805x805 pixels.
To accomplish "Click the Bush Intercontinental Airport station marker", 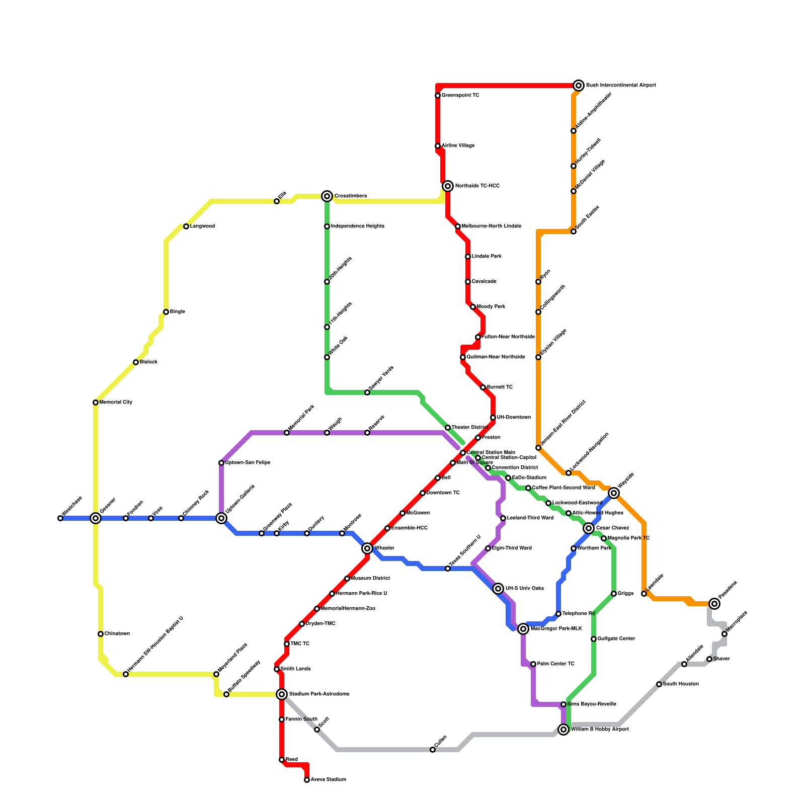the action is pos(579,86).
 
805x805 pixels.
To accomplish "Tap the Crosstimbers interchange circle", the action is pos(327,196).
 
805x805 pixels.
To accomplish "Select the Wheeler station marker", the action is pos(367,548).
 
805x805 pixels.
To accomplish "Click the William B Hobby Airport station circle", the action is pos(563,730).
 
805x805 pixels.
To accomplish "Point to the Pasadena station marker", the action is pos(714,604).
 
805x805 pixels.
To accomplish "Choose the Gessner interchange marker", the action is pos(96,518).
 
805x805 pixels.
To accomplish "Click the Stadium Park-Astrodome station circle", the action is pos(282,694).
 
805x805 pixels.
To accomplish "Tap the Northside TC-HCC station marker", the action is pos(448,186).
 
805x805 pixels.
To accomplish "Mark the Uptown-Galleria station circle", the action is pos(221,518).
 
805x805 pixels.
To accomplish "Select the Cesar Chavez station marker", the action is pos(589,528).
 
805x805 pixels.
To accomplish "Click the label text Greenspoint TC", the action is pos(460,96).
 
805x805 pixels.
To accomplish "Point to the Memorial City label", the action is pos(116,403).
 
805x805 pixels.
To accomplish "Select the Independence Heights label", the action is pos(357,226).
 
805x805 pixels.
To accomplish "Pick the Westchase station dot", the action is pos(60,518).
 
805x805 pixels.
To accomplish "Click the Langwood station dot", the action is pos(186,226).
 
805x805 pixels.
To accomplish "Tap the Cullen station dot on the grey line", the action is pos(433,750).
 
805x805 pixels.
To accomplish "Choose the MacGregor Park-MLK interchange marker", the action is pos(523,629).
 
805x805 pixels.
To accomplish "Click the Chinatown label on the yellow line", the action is pos(117,634).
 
